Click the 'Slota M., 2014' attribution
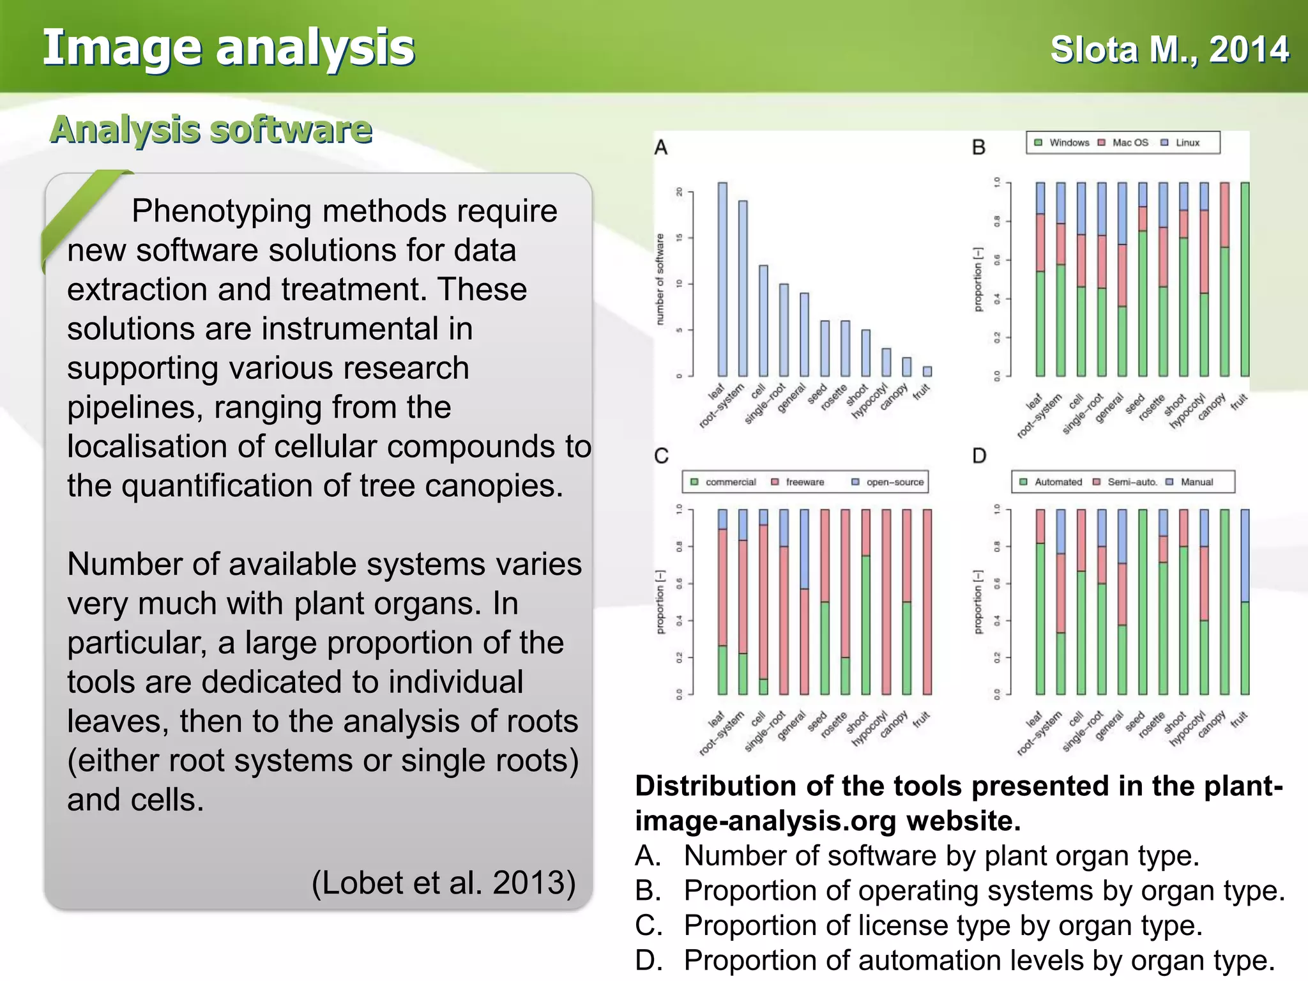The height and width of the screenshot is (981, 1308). coord(1169,50)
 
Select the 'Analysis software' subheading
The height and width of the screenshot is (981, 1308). coord(211,130)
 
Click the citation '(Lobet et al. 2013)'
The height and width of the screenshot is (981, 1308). coord(443,883)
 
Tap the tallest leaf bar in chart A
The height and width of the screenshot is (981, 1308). coord(722,279)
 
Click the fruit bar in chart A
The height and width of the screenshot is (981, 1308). coord(927,371)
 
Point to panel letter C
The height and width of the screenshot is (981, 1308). coord(662,455)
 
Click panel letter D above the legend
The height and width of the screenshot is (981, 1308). coord(979,455)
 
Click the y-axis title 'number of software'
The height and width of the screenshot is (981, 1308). coord(660,279)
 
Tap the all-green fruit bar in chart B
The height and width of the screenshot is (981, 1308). coord(1245,279)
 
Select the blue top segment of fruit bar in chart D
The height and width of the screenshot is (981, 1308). coord(1245,555)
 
